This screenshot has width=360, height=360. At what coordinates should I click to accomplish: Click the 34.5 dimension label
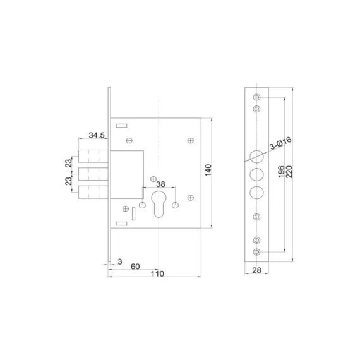[x=97, y=135]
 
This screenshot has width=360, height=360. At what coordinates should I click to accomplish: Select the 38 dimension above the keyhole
[x=161, y=185]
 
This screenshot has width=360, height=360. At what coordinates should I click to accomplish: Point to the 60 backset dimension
[x=135, y=266]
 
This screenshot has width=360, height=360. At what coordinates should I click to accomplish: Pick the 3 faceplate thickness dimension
[x=118, y=260]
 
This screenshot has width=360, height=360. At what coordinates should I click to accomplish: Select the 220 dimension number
[x=291, y=172]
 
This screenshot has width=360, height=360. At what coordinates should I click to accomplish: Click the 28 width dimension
[x=256, y=270]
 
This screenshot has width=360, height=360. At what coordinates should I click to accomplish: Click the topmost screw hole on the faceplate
[x=256, y=98]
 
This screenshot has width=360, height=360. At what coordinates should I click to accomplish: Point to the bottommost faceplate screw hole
[x=256, y=251]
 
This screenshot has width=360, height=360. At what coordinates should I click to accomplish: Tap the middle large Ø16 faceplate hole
[x=256, y=173]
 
